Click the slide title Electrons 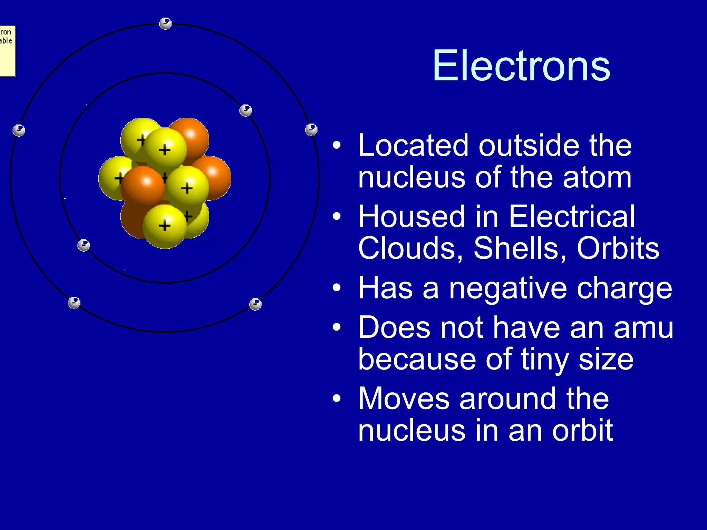coord(521,66)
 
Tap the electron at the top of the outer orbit coord(165,23)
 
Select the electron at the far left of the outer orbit coord(19,130)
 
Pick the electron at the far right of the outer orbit coord(311,129)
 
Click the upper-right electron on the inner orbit coord(245,110)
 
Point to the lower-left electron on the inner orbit coord(84,245)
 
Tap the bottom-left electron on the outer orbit coord(74,303)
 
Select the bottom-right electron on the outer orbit coord(255,304)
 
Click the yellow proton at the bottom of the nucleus coord(164,226)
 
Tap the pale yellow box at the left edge coord(7,51)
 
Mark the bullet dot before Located coord(337,146)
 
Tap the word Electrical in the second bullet coord(571,216)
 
